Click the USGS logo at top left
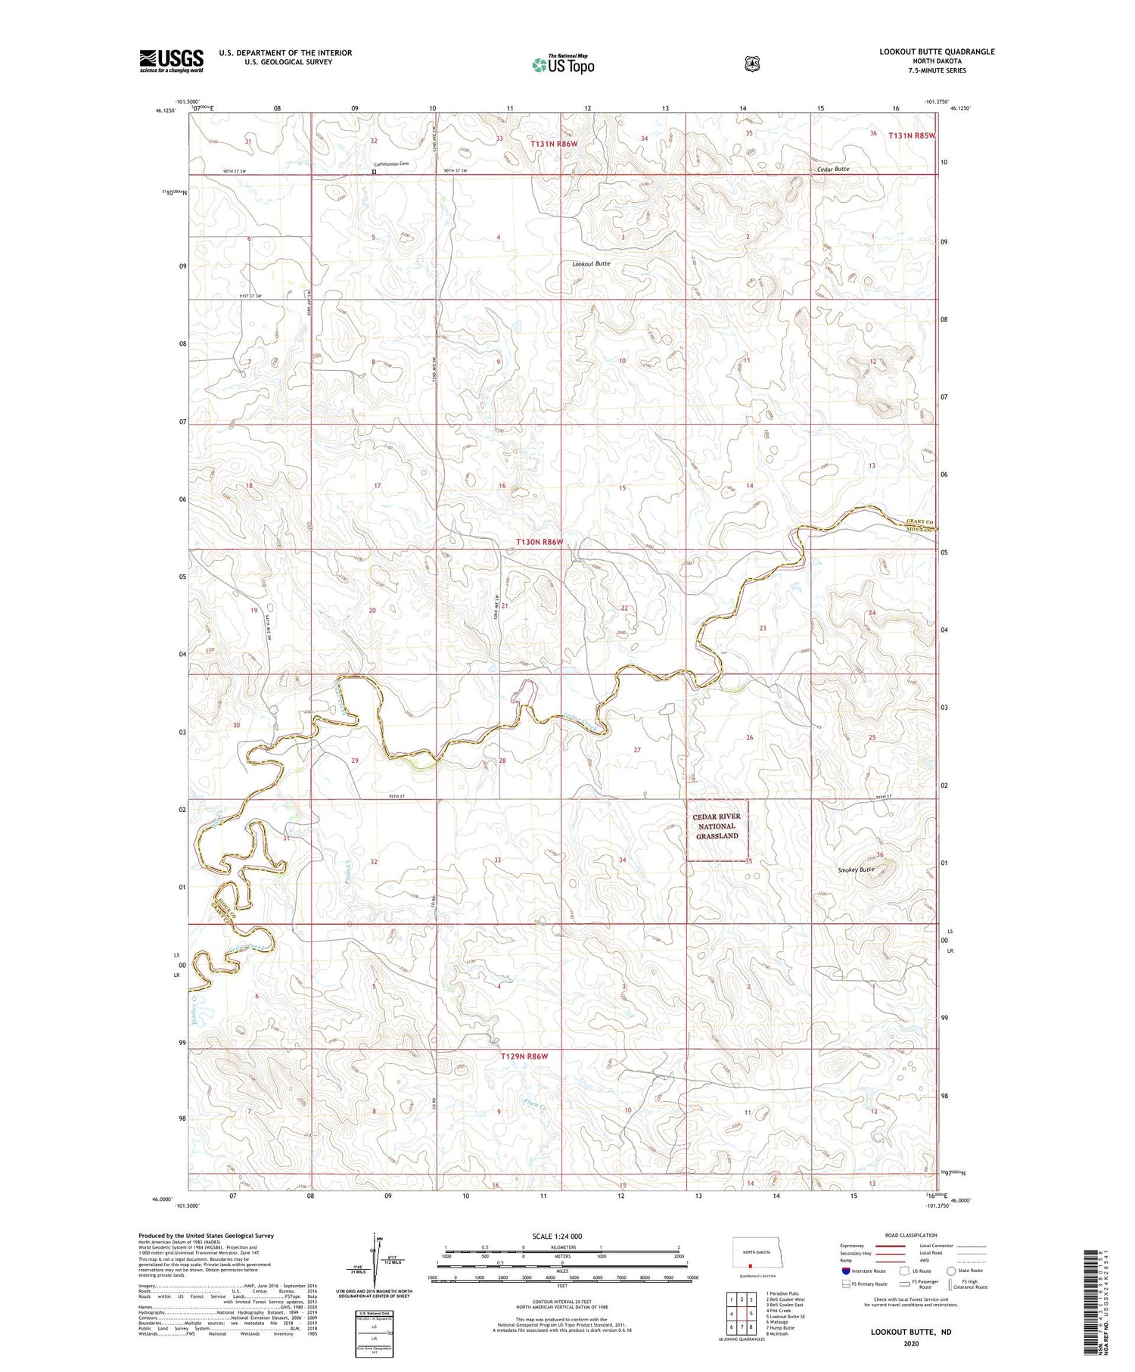171,61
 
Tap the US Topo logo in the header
563,65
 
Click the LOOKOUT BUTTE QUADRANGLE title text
937,51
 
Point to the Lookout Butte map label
591,263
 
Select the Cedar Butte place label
833,170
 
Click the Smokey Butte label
856,870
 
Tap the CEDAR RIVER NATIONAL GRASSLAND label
717,826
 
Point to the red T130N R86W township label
540,542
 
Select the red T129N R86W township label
524,1056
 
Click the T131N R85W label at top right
912,136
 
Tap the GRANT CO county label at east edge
920,522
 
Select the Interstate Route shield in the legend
846,1271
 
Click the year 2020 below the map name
910,1344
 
